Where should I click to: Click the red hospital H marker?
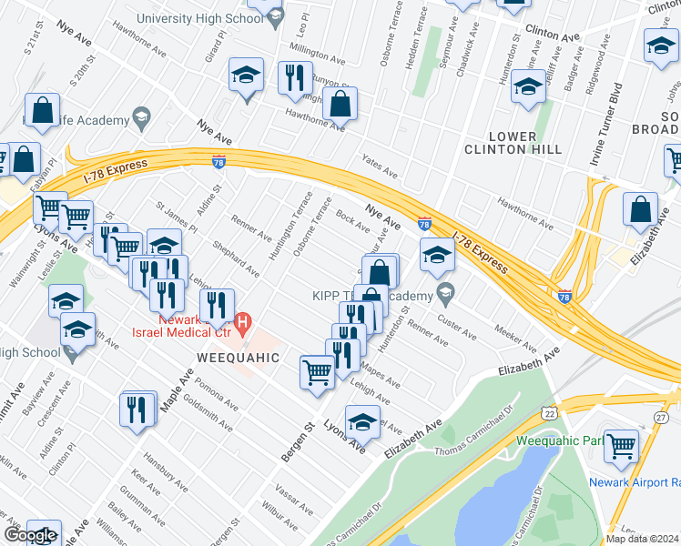point(243,321)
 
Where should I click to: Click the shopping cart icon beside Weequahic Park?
point(621,446)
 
